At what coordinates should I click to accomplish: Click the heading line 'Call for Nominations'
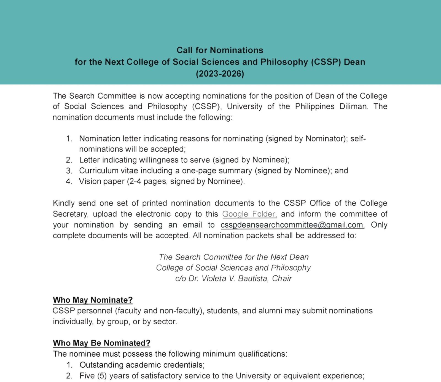220,50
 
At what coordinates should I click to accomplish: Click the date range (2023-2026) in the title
220,74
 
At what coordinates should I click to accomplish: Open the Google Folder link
249,214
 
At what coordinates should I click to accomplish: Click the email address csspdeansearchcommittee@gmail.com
292,225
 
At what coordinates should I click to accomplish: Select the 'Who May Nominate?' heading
93,300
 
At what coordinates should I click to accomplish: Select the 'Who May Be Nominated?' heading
101,343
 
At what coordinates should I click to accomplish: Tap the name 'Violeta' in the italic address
214,278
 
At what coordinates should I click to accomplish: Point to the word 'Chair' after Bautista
282,278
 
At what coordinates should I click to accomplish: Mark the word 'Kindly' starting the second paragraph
64,203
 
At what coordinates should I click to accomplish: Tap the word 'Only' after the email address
379,225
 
